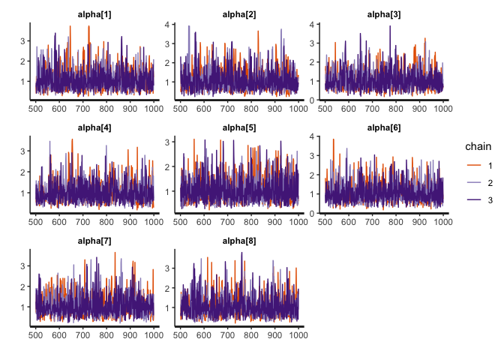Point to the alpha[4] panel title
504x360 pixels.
point(94,127)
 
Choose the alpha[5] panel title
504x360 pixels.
point(239,127)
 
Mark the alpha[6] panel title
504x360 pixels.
point(383,127)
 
